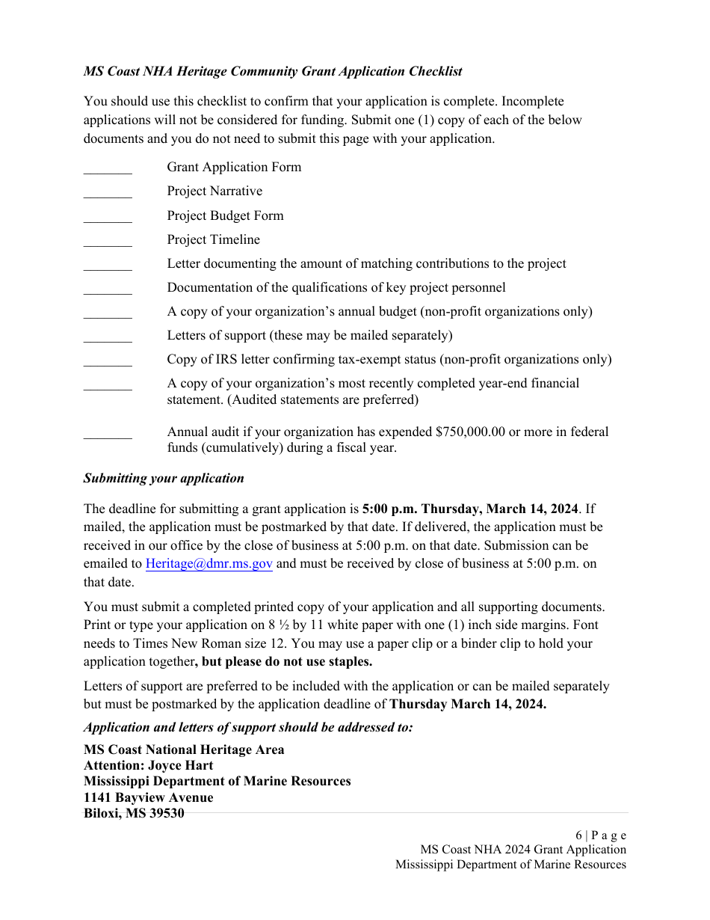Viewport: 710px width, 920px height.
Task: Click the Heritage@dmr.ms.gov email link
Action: [x=209, y=564]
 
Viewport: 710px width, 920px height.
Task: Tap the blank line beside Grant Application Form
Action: [x=108, y=171]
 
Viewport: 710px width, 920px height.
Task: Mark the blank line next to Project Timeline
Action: [x=108, y=244]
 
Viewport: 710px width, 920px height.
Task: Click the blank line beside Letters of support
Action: [x=108, y=340]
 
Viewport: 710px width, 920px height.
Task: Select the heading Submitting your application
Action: [x=164, y=478]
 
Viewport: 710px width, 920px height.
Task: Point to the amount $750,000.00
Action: [x=470, y=432]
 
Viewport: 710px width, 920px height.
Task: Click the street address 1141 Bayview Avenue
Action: [x=148, y=797]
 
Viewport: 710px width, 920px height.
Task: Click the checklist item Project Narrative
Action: [x=214, y=191]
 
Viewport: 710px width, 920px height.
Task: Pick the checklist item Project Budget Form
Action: [x=225, y=215]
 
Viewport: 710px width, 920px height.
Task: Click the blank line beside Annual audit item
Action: [x=108, y=435]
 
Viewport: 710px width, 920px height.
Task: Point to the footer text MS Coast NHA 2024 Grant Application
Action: [x=522, y=849]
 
